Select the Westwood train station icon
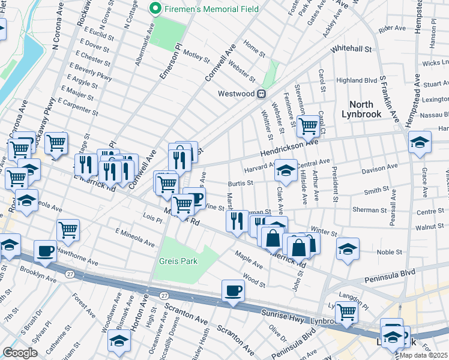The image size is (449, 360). pyautogui.click(x=261, y=94)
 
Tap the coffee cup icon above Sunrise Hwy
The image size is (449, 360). pyautogui.click(x=233, y=291)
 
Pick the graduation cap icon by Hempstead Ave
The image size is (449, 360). pyautogui.click(x=420, y=142)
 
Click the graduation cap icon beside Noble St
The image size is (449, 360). pyautogui.click(x=348, y=249)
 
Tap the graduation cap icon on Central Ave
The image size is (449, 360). pyautogui.click(x=286, y=170)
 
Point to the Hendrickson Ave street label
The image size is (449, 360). pyautogui.click(x=289, y=148)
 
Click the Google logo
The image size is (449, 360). pyautogui.click(x=20, y=352)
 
